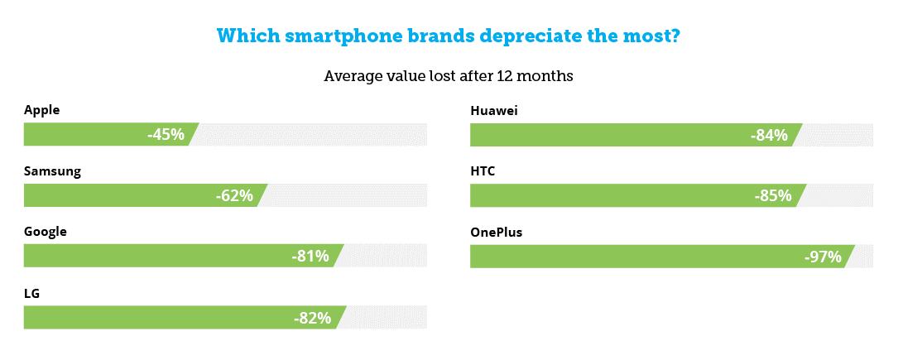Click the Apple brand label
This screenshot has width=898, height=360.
pyautogui.click(x=42, y=110)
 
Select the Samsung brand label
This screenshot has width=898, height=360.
pyautogui.click(x=52, y=171)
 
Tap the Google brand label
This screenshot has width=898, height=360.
pyautogui.click(x=46, y=232)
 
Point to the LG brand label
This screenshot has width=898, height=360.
pyautogui.click(x=32, y=293)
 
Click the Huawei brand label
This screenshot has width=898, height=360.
pyautogui.click(x=494, y=110)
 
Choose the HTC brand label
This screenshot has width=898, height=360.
pyautogui.click(x=483, y=171)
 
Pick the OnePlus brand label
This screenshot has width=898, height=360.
pyautogui.click(x=497, y=232)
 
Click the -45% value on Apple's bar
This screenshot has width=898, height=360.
pyautogui.click(x=166, y=135)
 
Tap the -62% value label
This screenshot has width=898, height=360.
pyautogui.click(x=234, y=196)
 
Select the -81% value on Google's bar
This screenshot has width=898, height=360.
pyautogui.click(x=310, y=257)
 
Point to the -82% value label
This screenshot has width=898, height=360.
pyautogui.click(x=313, y=318)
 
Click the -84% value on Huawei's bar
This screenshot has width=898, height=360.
pyautogui.click(x=769, y=135)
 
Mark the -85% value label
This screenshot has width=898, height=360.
pyautogui.click(x=773, y=196)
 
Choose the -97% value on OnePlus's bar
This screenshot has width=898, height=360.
pyautogui.click(x=824, y=257)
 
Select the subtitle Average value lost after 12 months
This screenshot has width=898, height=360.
pyautogui.click(x=449, y=76)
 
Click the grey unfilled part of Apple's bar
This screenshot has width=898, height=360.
pyautogui.click(x=310, y=135)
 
